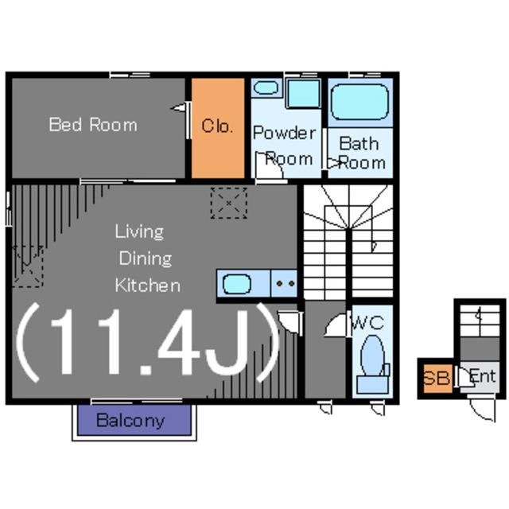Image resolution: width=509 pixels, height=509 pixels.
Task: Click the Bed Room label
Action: point(93,125)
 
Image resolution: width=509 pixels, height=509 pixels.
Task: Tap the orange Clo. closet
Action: point(218,128)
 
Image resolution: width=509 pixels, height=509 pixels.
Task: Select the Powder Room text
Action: point(285,146)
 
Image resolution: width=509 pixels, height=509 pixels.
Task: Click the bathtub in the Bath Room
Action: point(360,102)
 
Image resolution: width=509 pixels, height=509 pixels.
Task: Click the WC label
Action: point(368,323)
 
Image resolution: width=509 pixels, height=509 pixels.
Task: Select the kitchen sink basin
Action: point(237,284)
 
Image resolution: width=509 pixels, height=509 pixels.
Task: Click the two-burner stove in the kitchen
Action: point(284,283)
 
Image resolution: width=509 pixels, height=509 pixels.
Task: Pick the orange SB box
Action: point(438,379)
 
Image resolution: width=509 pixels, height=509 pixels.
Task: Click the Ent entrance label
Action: point(483,376)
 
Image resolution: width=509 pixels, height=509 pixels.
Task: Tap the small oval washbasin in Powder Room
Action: point(266,87)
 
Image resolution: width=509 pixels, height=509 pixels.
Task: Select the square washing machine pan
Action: point(304,94)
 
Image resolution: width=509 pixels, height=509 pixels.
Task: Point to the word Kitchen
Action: point(148,286)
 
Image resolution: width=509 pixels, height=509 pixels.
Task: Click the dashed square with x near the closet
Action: point(228,203)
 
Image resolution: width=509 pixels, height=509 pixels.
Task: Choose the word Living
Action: point(140,231)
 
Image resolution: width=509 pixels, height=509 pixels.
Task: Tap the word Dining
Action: point(146,258)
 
